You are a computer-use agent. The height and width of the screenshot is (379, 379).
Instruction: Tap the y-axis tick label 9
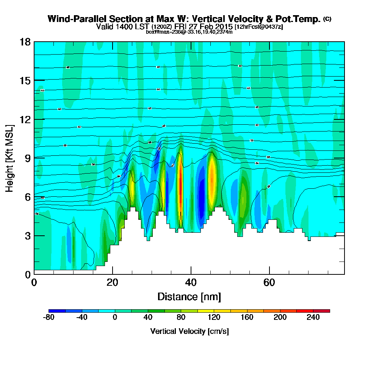(x=28, y=158)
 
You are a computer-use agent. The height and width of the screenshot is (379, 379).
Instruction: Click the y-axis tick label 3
(x=28, y=236)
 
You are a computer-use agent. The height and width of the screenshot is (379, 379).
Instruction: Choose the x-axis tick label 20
(x=112, y=282)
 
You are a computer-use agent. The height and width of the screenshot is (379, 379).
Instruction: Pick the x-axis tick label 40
(x=191, y=282)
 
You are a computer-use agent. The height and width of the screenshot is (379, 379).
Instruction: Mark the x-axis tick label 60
(x=269, y=282)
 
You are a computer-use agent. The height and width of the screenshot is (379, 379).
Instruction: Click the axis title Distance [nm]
(x=189, y=296)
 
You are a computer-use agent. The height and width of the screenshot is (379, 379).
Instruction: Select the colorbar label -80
(x=49, y=318)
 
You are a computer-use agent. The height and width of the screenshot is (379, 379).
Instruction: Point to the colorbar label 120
(x=215, y=318)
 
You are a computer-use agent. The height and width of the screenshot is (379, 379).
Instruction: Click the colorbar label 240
(x=313, y=318)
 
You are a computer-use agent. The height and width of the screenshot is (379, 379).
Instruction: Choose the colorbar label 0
(x=115, y=318)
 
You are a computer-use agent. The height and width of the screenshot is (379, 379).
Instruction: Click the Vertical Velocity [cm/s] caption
(x=189, y=331)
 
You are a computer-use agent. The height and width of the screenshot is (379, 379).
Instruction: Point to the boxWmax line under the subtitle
(x=189, y=32)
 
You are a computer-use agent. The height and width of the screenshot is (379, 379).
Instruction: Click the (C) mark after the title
(x=327, y=19)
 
